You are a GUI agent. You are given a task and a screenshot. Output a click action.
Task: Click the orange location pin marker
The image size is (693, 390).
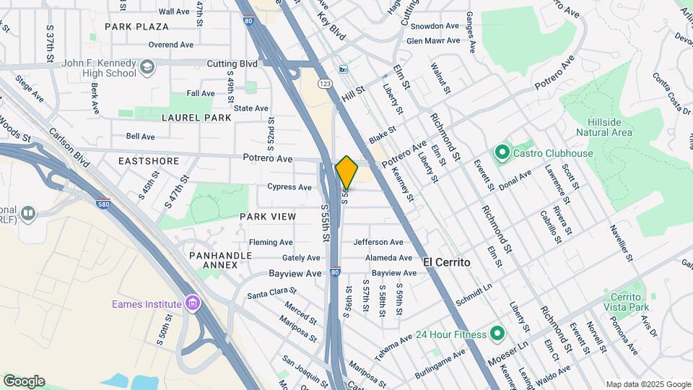(346, 172)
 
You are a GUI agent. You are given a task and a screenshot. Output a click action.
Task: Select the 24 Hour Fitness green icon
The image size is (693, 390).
(497, 334)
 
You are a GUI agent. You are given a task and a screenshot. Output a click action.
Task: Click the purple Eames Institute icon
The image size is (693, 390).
(191, 303)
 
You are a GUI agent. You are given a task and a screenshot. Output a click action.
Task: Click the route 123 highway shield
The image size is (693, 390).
(326, 84)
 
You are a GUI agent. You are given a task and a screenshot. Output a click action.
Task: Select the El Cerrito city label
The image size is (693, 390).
(446, 261)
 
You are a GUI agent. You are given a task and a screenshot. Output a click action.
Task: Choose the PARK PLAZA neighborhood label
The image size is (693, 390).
(136, 27)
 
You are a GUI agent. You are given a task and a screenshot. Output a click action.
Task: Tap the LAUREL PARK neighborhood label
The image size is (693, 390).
(196, 117)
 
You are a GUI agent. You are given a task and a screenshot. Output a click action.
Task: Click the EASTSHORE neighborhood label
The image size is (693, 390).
(148, 161)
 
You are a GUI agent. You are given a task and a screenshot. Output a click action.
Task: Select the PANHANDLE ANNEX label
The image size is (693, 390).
(220, 260)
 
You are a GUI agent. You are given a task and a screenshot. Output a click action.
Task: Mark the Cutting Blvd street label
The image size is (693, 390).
(232, 64)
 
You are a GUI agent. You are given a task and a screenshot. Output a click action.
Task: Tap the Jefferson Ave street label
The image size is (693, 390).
(378, 242)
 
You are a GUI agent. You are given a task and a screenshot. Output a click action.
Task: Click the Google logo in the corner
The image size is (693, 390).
(24, 381)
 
